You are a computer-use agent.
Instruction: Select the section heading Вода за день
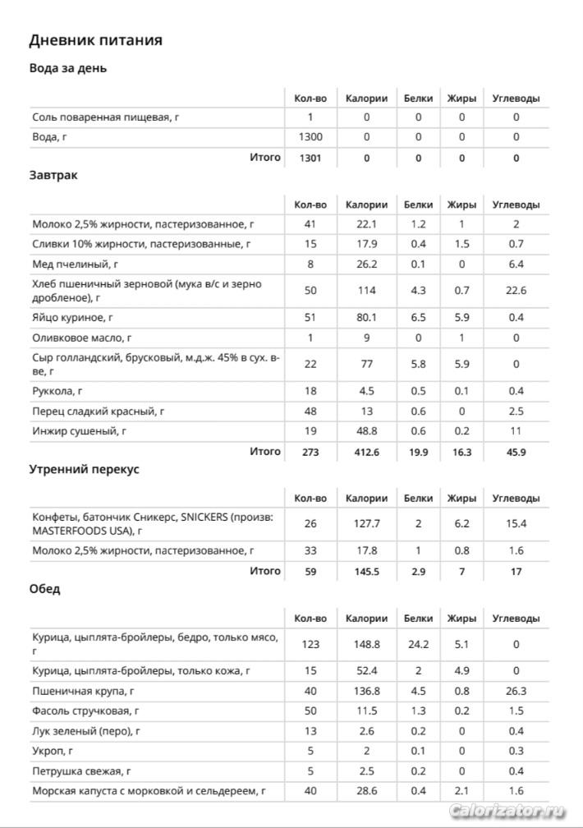(68, 68)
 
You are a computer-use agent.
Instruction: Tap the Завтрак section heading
(53, 175)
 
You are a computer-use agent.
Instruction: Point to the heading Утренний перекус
(85, 469)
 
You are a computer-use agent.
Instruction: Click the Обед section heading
(44, 589)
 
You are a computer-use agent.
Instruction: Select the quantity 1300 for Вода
(310, 137)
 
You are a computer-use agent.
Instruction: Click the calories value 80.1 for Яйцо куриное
(366, 317)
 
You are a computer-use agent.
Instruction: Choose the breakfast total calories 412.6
(366, 451)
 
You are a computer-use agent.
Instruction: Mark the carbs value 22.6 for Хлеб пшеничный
(516, 290)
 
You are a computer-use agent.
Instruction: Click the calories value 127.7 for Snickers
(366, 523)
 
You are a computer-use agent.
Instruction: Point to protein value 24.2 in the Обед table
(418, 645)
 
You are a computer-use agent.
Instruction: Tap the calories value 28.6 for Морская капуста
(366, 791)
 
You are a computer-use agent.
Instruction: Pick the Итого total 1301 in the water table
(310, 158)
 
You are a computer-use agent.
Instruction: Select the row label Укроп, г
(52, 751)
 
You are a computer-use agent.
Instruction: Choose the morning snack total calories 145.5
(366, 571)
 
